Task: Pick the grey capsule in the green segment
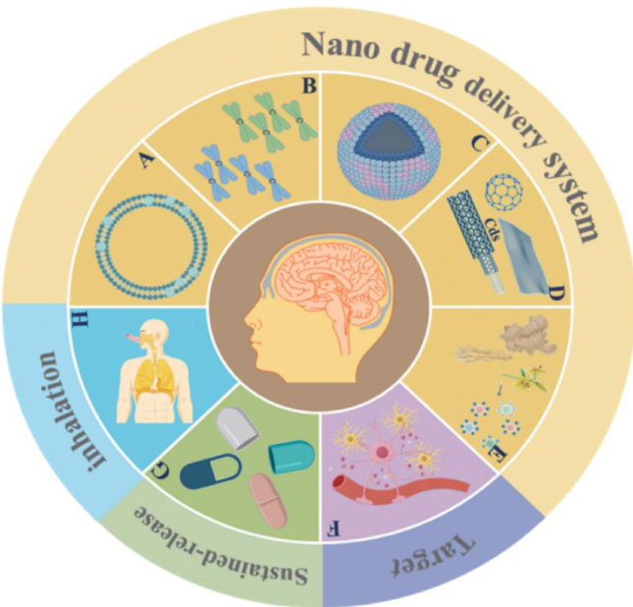238,423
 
